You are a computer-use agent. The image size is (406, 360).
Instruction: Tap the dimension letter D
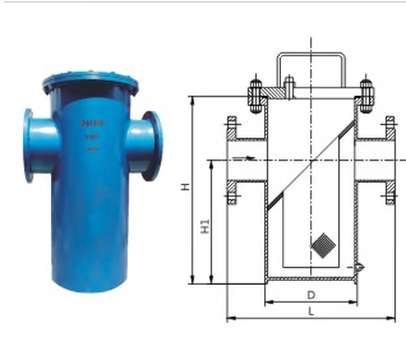pos(310,295)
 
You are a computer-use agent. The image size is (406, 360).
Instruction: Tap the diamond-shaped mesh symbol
pos(321,245)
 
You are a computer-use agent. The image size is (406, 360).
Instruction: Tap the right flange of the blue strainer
pos(153,145)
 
